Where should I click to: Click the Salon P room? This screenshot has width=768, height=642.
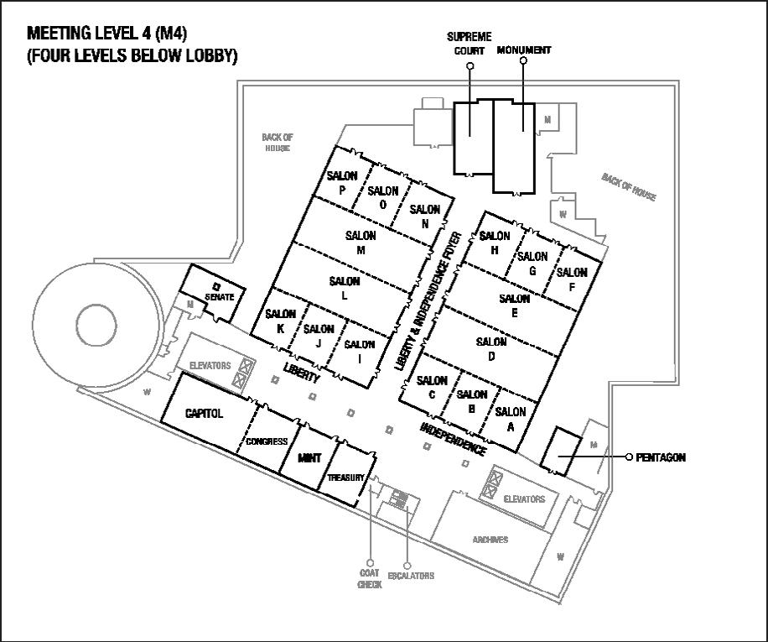click(x=341, y=181)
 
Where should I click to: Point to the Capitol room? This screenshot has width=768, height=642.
click(x=205, y=414)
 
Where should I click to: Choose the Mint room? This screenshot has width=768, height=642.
click(x=309, y=458)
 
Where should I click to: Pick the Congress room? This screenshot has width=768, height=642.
click(x=267, y=441)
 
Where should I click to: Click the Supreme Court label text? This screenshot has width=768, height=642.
click(x=469, y=44)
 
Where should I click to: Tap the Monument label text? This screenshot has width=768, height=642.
click(x=524, y=50)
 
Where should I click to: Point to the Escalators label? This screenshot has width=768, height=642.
click(x=411, y=576)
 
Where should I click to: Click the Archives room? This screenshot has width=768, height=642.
click(x=490, y=539)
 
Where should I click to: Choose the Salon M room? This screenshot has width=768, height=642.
click(x=361, y=243)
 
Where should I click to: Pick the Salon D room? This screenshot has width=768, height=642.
click(x=490, y=348)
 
